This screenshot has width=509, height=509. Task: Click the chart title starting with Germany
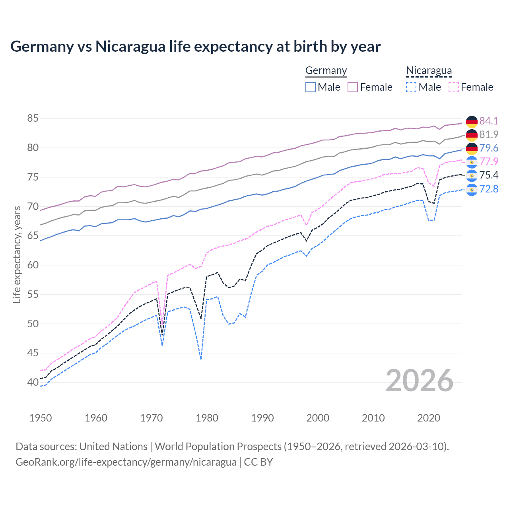(x=195, y=47)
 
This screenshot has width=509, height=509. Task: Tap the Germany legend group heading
(x=326, y=70)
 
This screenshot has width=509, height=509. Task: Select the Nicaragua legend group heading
(x=429, y=70)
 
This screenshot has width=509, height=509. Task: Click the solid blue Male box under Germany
(x=311, y=87)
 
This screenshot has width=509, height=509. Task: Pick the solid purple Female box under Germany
(x=353, y=87)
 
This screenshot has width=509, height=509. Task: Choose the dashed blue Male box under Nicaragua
(x=411, y=87)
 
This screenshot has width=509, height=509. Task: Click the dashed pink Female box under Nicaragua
(x=454, y=87)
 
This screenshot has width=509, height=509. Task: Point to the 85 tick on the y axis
(x=33, y=118)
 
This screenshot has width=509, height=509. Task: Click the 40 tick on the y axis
(x=33, y=382)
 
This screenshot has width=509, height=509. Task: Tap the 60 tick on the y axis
(x=33, y=265)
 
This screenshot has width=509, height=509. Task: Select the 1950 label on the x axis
(x=41, y=418)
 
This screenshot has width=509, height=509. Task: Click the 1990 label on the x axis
(x=262, y=418)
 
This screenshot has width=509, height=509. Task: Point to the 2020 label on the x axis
(x=429, y=418)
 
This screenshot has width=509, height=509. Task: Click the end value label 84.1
(x=489, y=121)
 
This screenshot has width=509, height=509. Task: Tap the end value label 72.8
(x=489, y=189)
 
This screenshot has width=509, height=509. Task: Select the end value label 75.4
(x=489, y=175)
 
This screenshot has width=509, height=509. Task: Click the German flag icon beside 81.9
(x=472, y=135)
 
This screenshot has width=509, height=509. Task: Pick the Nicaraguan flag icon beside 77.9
(x=472, y=162)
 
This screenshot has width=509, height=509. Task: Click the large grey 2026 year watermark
(x=420, y=381)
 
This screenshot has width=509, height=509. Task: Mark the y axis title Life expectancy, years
(x=17, y=254)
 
